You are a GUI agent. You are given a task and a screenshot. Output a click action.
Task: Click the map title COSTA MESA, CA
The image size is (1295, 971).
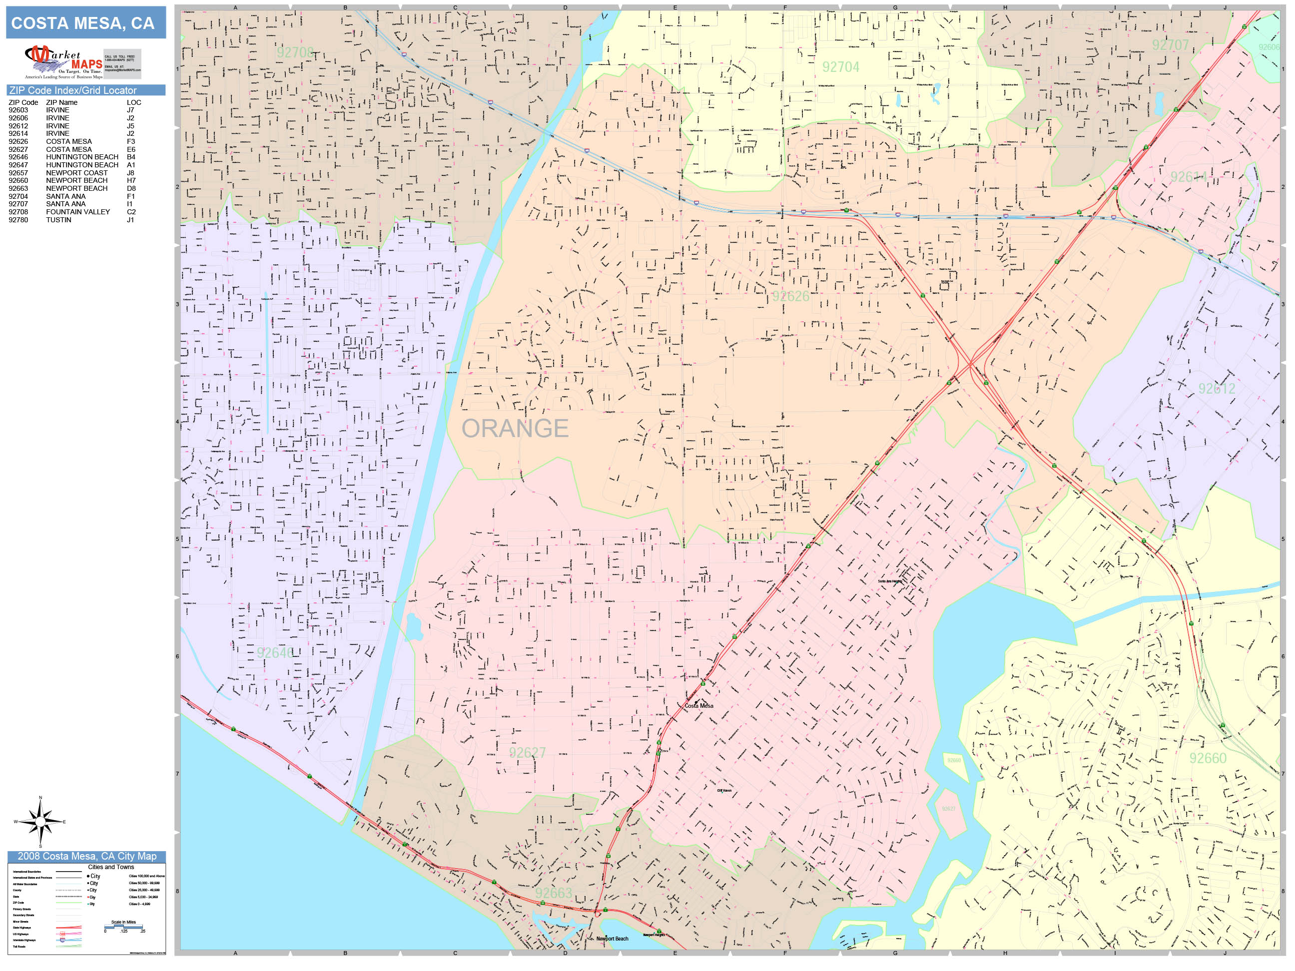[82, 23]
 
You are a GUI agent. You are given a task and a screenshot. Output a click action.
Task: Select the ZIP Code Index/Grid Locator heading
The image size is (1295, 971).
[72, 90]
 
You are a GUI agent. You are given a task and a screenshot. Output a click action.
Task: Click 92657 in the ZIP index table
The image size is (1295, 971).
[18, 173]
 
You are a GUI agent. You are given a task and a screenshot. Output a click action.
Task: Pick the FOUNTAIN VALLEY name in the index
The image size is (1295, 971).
[78, 212]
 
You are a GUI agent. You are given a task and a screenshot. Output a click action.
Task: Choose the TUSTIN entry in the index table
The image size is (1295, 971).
[58, 220]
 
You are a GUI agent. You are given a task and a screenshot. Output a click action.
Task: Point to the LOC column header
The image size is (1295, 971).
[133, 102]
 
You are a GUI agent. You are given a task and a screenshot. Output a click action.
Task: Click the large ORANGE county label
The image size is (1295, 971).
[515, 429]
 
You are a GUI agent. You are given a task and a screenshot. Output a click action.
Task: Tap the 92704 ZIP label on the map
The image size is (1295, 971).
[841, 67]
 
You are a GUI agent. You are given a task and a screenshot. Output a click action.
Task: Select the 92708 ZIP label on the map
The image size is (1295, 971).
[296, 52]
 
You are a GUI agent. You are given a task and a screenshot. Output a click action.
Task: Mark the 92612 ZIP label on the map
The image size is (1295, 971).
[1217, 389]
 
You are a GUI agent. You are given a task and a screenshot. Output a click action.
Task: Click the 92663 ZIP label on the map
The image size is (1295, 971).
[553, 893]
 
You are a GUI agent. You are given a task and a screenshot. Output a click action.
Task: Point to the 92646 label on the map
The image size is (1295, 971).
[275, 653]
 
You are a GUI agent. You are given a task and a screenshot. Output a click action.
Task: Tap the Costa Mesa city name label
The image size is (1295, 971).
[699, 706]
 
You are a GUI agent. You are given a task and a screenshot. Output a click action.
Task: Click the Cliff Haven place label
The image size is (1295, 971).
[724, 790]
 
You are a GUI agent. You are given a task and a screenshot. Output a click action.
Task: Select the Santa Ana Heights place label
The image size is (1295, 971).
[890, 581]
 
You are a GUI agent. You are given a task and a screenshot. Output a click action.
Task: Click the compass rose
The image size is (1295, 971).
[40, 822]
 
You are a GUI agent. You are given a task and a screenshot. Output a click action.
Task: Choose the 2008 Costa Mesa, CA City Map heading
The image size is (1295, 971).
[86, 856]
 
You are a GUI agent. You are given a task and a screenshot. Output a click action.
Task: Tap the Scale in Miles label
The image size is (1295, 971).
[123, 922]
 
